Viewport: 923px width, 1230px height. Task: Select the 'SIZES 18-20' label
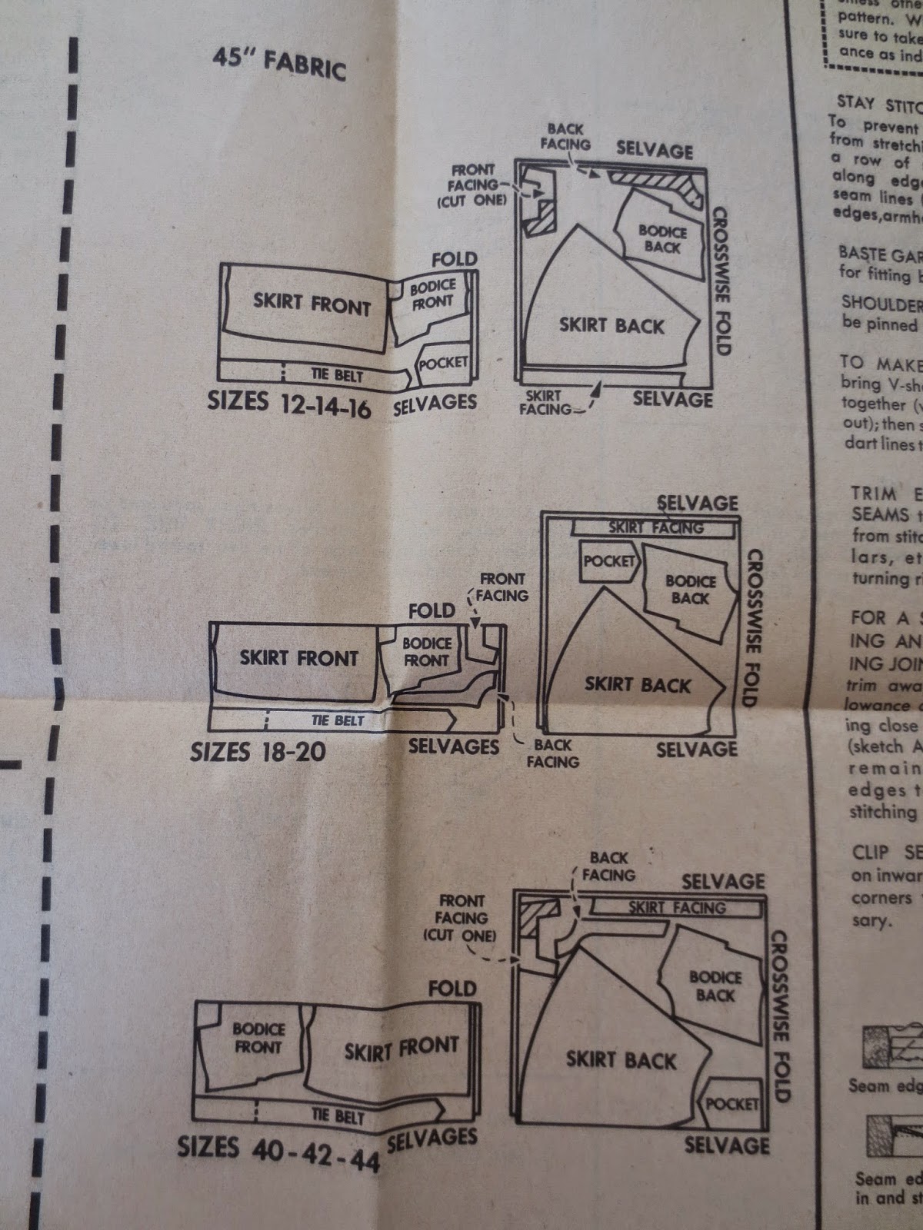tap(257, 751)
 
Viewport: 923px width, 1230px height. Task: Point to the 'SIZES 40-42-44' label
tap(278, 1152)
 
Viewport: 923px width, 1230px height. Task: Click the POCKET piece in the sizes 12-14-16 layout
tap(442, 363)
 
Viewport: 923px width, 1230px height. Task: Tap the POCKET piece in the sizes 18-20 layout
tap(608, 562)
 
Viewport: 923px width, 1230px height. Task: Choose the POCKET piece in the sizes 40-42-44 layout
tap(731, 1104)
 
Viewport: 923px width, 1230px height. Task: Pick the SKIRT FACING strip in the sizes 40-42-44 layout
tap(677, 908)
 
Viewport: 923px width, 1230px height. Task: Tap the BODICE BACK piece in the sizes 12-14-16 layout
tap(663, 238)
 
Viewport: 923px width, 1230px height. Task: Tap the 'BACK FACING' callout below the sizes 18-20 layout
tap(552, 753)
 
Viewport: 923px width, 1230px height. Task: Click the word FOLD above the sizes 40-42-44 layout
tap(452, 989)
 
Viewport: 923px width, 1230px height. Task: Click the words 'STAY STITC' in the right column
tap(877, 105)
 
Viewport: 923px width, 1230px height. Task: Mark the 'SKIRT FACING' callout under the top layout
tap(544, 403)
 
